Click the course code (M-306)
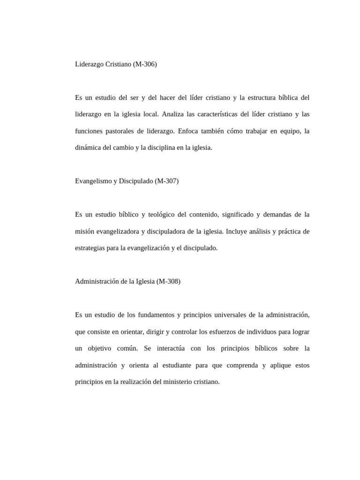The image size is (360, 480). click(x=145, y=64)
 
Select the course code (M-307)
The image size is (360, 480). click(x=166, y=181)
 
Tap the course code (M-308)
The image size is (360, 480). click(x=168, y=281)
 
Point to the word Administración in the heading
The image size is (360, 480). click(x=96, y=281)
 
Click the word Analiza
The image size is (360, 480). click(x=175, y=114)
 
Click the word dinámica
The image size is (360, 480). click(x=89, y=148)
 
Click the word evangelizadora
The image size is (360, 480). click(x=119, y=232)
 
